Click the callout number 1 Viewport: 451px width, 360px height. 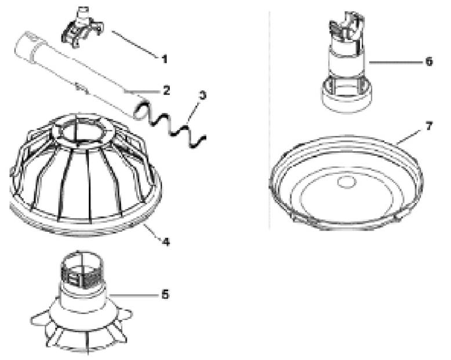[x=164, y=59]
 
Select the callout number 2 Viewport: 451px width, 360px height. [x=166, y=90]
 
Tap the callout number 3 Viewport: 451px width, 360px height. [x=203, y=95]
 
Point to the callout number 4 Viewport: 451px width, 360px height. [x=166, y=242]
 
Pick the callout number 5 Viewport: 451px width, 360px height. [x=165, y=294]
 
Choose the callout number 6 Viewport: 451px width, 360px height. [x=429, y=61]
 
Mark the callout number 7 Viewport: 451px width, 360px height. [x=429, y=126]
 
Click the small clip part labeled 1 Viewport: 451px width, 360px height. [x=82, y=27]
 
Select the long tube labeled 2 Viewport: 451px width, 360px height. [x=79, y=75]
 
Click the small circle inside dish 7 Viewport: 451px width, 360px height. [x=347, y=182]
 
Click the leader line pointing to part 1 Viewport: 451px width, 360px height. [x=134, y=45]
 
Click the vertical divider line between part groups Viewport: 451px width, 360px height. [x=270, y=120]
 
